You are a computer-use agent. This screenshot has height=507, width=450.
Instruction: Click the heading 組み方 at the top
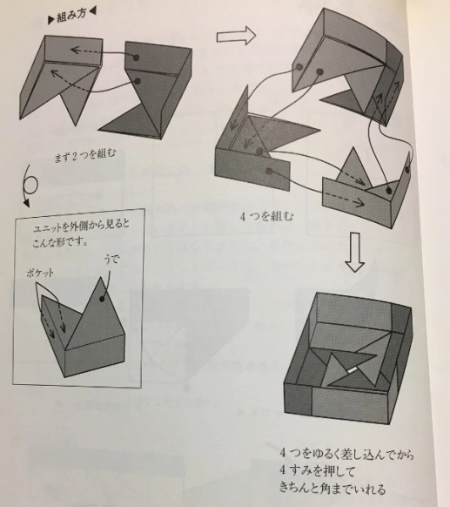point(71,17)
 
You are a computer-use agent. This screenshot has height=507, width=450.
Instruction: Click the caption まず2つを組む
point(85,156)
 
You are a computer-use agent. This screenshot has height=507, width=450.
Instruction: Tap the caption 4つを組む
point(267,216)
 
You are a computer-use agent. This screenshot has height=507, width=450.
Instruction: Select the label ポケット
point(40,274)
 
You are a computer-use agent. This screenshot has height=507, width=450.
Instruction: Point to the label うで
point(111,260)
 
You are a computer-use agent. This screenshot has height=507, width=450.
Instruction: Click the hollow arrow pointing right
point(236,36)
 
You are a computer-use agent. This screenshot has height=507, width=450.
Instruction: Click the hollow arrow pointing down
point(354,253)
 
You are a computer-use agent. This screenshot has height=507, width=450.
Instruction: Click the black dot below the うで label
point(103,299)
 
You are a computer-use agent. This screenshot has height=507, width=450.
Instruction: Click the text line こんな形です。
point(60,242)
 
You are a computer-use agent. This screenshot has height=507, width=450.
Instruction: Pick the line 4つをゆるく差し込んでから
point(347,454)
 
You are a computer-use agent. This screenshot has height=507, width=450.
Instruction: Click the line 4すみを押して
point(317,470)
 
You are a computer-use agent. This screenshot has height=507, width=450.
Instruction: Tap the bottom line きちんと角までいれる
point(332,488)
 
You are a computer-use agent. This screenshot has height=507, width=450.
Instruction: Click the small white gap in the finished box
point(353,370)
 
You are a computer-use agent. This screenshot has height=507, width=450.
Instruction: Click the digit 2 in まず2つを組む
point(74,157)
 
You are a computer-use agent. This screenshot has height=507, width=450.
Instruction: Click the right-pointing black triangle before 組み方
point(51,21)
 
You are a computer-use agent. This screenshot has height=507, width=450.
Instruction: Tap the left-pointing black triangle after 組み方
point(93,12)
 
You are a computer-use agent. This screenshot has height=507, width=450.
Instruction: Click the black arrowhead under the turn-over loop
point(26,203)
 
